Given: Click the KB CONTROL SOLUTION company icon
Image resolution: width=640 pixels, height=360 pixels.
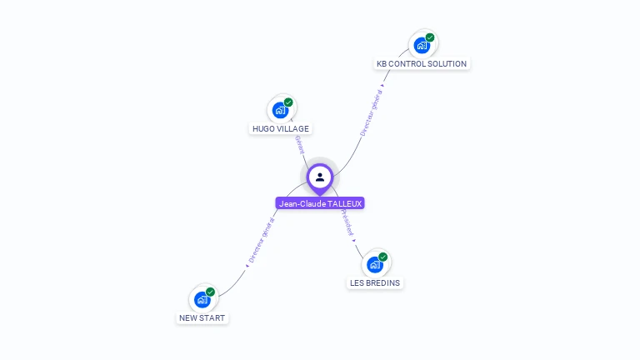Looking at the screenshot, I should [x=422, y=45].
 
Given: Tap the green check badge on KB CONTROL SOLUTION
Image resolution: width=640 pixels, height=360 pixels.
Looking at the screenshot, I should [x=430, y=37].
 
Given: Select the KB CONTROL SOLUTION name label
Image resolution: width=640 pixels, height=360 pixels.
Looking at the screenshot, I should [x=422, y=63].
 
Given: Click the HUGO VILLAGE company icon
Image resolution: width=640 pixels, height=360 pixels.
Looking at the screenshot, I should [x=281, y=109].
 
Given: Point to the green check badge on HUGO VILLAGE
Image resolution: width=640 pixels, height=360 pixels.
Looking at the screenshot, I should [x=288, y=102].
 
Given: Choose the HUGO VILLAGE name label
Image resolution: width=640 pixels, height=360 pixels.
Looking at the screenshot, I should [x=281, y=128].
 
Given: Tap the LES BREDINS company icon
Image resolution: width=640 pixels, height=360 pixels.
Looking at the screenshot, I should [x=375, y=264].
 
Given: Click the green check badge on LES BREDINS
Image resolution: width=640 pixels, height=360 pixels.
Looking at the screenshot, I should [x=382, y=257].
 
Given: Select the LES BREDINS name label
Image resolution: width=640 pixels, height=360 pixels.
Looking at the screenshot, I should [x=375, y=282].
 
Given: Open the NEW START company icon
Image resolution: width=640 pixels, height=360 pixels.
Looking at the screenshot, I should [x=202, y=299].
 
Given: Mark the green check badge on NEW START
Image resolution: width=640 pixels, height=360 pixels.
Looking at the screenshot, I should [x=210, y=292].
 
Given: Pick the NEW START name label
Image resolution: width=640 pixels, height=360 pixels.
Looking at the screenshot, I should [x=202, y=317].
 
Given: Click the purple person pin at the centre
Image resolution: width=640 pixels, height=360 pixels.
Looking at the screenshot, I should [x=320, y=177].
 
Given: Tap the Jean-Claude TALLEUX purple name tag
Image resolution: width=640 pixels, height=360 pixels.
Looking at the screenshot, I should [x=320, y=203].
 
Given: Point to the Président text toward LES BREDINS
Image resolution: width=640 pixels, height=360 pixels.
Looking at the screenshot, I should [x=347, y=222].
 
